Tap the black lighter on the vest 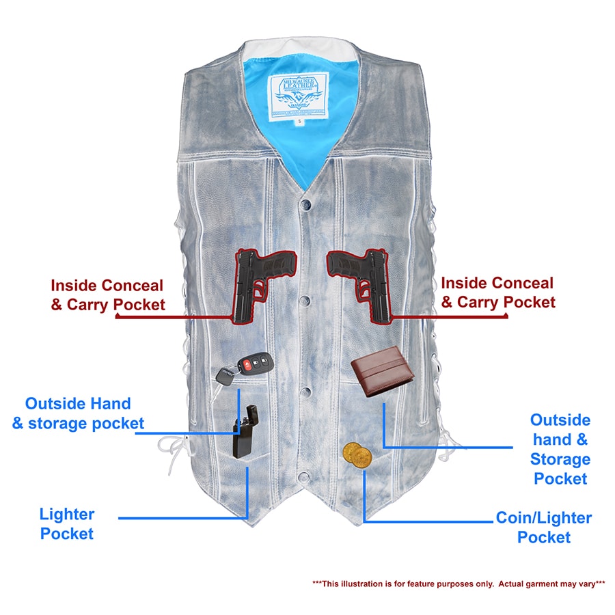tap(245, 433)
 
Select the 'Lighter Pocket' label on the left tap(66, 524)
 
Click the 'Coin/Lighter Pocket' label tap(543, 528)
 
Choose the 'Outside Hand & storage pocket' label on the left tap(78, 413)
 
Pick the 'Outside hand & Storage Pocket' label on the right tap(560, 449)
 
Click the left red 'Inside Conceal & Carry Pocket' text tap(107, 295)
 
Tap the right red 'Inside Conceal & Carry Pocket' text tap(497, 292)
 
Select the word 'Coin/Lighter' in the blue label tap(543, 518)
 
